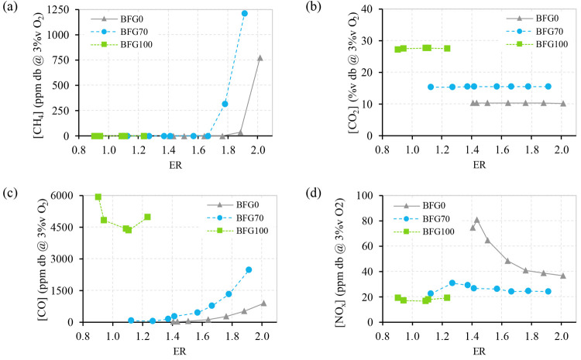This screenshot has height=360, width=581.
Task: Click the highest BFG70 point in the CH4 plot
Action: click(x=245, y=13)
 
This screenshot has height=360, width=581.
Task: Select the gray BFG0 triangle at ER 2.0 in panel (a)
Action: click(x=260, y=58)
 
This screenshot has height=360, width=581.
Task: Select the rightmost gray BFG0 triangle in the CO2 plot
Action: click(x=562, y=104)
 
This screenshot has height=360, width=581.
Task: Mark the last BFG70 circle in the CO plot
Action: click(x=249, y=269)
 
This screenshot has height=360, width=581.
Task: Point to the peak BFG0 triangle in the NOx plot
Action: click(x=476, y=221)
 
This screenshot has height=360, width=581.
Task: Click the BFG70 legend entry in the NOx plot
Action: click(x=434, y=219)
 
